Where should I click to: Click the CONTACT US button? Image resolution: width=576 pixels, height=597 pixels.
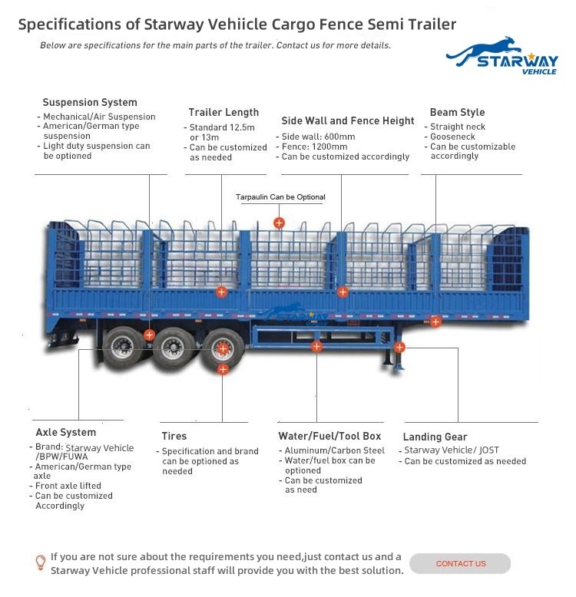[460, 563]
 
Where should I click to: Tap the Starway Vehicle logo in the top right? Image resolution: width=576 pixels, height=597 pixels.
[502, 55]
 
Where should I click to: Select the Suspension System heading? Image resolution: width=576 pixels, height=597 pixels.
[90, 102]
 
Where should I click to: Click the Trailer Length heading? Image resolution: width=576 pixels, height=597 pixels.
[223, 112]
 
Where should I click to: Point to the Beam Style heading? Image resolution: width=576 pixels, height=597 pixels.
[457, 112]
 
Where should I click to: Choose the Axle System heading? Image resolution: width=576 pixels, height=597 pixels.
[66, 433]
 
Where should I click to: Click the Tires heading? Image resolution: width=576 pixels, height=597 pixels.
[174, 436]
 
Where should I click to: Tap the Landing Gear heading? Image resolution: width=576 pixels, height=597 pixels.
[435, 437]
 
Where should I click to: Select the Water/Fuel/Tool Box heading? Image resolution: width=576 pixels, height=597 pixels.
[329, 436]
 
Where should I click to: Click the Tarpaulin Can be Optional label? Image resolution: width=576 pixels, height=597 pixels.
[280, 197]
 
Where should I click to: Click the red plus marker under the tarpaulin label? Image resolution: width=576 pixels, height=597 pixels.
[280, 223]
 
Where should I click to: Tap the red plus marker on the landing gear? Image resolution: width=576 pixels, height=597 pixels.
[399, 348]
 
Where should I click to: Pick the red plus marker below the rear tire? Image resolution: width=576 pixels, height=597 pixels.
[223, 369]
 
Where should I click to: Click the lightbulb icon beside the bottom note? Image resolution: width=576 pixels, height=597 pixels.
[41, 562]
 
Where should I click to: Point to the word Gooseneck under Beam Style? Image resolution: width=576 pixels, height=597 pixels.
[452, 137]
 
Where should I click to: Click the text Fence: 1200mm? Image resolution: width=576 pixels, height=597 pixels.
[314, 147]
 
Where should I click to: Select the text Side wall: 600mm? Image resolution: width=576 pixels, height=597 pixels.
[318, 137]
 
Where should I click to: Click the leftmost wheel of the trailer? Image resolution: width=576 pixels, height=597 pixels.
[123, 348]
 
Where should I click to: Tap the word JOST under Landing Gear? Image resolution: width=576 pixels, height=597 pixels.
[489, 450]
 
